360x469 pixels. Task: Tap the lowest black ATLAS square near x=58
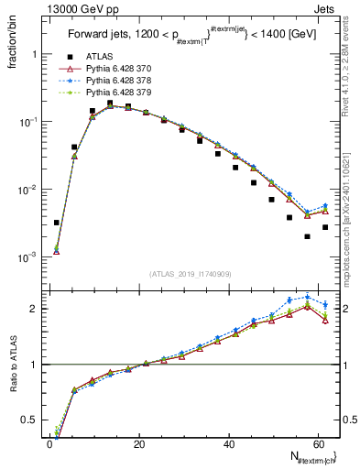pyautogui.click(x=307, y=236)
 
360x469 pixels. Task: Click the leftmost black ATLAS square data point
pyautogui.click(x=57, y=223)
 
